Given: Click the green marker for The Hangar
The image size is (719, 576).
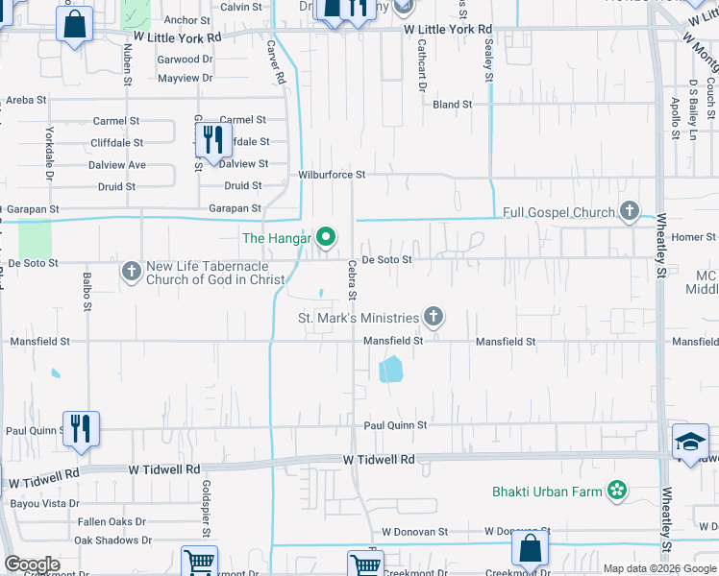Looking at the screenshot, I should [x=326, y=236].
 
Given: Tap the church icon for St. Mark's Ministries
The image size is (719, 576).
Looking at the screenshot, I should [x=434, y=317].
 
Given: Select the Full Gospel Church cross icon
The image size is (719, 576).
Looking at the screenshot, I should [x=630, y=211].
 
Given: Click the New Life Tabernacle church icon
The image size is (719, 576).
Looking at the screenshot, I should [x=132, y=272].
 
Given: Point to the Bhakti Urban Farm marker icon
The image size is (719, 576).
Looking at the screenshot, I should [x=616, y=492].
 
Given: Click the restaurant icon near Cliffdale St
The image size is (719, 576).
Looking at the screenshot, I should [x=213, y=139].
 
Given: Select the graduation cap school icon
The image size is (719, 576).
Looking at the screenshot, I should [x=689, y=441].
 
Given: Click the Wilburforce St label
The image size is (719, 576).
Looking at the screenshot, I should [x=332, y=175].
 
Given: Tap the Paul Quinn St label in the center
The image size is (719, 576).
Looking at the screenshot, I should [x=394, y=425].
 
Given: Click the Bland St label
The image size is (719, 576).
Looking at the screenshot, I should [x=452, y=104].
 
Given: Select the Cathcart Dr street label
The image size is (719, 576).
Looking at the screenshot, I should [x=421, y=70].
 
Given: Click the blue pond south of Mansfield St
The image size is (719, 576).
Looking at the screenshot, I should [x=391, y=370].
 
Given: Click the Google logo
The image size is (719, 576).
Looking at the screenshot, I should [x=33, y=564].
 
